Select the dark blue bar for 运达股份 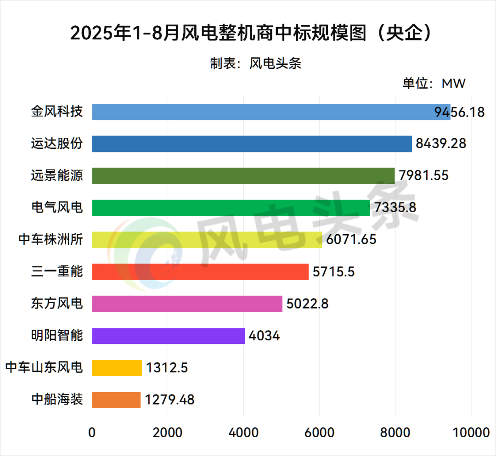pyautogui.click(x=252, y=144)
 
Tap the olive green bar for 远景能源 pyautogui.click(x=243, y=176)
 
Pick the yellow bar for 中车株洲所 pyautogui.click(x=207, y=240)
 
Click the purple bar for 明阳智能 pyautogui.click(x=168, y=336)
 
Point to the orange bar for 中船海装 pyautogui.click(x=116, y=400)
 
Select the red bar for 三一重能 pyautogui.click(x=200, y=272)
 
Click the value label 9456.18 pyautogui.click(x=459, y=112)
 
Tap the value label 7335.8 pyautogui.click(x=395, y=208)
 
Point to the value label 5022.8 pyautogui.click(x=307, y=304)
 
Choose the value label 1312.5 pyautogui.click(x=167, y=368)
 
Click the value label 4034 pyautogui.click(x=264, y=336)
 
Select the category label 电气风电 pyautogui.click(x=57, y=208)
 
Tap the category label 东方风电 pyautogui.click(x=57, y=304)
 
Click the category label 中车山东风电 pyautogui.click(x=45, y=368)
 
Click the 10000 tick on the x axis pyautogui.click(x=470, y=433)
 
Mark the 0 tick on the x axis pyautogui.click(x=92, y=433)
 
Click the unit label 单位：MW pyautogui.click(x=434, y=84)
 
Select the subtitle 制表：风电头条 pyautogui.click(x=255, y=63)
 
